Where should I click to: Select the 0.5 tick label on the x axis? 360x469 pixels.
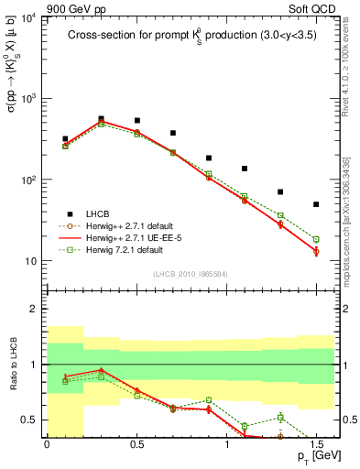pos(136,444)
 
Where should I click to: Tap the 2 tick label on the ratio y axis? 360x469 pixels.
pos(35,309)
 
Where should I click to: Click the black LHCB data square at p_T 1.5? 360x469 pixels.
pos(316,204)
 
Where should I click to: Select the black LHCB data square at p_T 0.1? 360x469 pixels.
pos(65,139)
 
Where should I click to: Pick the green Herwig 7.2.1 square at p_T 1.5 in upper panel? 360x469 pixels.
pos(316,239)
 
